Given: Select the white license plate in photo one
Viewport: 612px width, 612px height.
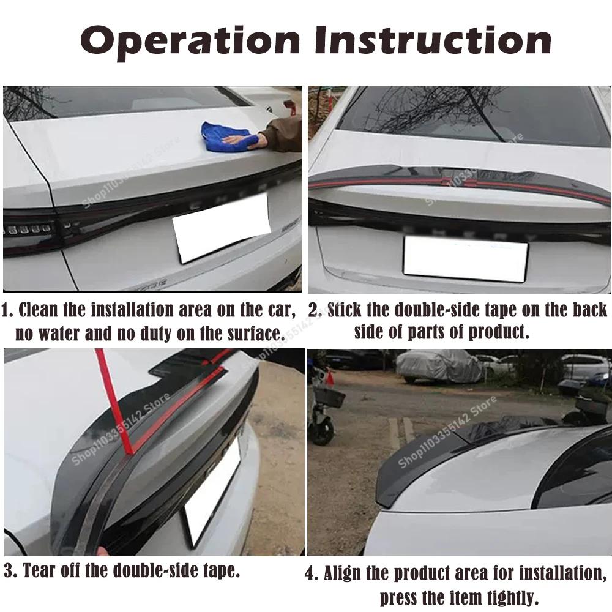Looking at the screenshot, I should coord(221,228).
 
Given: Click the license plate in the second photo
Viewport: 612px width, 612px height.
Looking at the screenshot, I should coord(465,258).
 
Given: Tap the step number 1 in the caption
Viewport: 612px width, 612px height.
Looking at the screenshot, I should coord(7,310).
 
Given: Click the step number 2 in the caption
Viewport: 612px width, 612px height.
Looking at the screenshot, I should coord(314,310).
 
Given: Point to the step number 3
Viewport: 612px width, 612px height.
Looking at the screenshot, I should coord(9,572).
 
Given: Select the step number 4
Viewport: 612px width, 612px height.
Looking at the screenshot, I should coord(312,574).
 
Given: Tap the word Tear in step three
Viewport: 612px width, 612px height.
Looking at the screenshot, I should coord(40,572).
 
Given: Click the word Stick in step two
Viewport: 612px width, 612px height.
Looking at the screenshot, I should coord(344,310).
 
